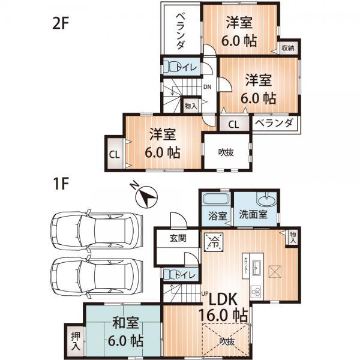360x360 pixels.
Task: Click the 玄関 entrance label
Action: [178, 238]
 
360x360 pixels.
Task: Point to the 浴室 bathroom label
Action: [218, 215]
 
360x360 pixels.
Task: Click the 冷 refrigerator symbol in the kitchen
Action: [214, 242]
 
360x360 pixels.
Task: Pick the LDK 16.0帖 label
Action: [223, 306]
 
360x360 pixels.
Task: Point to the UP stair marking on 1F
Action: [204, 295]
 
